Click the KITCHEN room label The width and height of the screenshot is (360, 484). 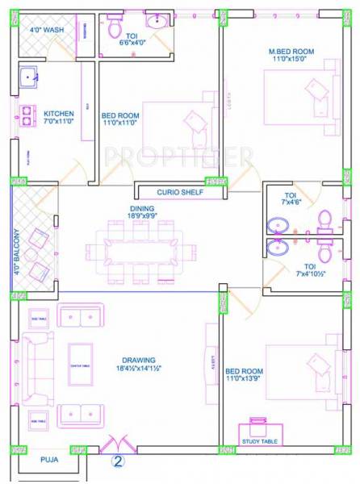[59, 114]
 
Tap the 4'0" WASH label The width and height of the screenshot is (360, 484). [47, 30]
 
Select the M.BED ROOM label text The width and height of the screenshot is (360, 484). [291, 52]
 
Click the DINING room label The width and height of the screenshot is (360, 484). [142, 207]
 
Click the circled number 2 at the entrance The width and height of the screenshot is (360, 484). [118, 462]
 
